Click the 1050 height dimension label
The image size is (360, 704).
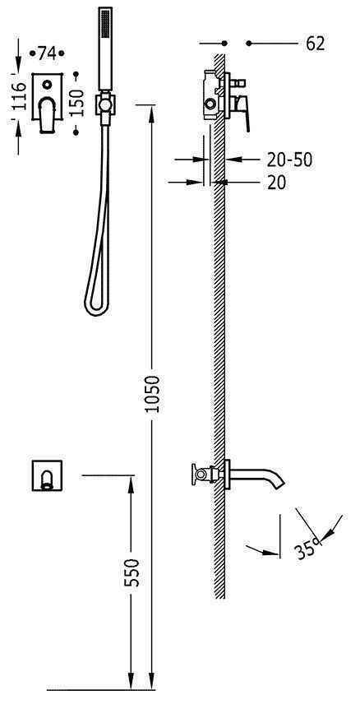153,394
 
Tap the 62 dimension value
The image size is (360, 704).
315,44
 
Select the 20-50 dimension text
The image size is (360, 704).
289,160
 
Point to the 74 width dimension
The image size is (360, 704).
46,53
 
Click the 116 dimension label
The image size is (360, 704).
19,96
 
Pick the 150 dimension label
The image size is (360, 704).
76,103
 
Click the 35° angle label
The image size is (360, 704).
307,549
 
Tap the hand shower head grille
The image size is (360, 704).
105,25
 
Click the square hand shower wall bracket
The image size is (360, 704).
105,105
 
